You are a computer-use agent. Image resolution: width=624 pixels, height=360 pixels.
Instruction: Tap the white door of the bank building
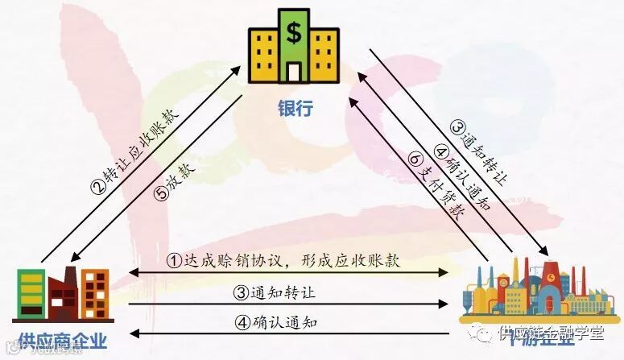point(294,72)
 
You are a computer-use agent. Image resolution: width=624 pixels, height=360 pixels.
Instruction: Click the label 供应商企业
point(60,341)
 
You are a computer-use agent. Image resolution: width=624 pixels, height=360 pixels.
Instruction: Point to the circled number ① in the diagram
point(175,261)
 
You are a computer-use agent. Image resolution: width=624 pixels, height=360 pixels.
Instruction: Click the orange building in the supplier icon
point(96,293)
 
